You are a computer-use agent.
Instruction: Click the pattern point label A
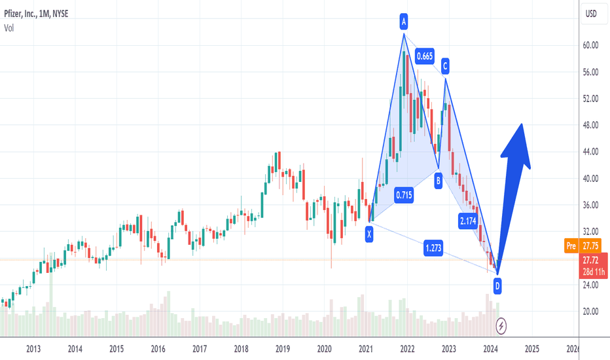[x=404, y=23]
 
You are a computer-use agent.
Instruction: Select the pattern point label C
[x=445, y=65]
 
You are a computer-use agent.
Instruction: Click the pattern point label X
[x=369, y=232]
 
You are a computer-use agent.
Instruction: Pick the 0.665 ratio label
[x=425, y=56]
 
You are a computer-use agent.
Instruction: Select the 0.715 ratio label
[x=404, y=194]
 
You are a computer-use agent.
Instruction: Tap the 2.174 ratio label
[x=468, y=221]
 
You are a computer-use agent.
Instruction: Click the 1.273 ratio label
[x=432, y=249]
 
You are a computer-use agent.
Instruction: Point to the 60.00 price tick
[x=592, y=45]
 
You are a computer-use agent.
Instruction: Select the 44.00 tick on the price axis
[x=592, y=152]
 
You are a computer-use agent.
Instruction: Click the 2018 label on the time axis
[x=241, y=350]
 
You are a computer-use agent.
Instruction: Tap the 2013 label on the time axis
[x=34, y=350]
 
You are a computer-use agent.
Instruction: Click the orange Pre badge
[x=570, y=246]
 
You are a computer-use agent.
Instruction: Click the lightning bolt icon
[x=501, y=325]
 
